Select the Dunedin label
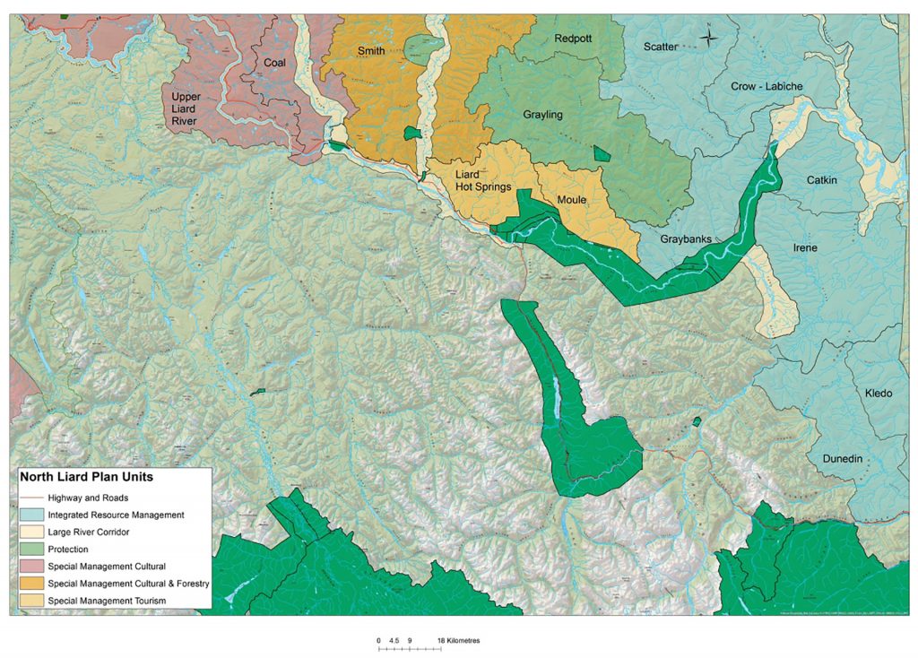pos(842,459)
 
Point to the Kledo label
pos(879,394)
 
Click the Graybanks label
pos(686,239)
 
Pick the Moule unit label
pos(571,199)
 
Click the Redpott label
pos(574,39)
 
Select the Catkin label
pos(821,180)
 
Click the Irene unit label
pos(804,247)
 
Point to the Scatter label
pos(661,47)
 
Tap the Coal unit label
pos(274,63)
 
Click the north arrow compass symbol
pos(708,37)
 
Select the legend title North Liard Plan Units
pos(86,478)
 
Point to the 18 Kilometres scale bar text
pos(459,640)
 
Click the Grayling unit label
pos(542,115)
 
